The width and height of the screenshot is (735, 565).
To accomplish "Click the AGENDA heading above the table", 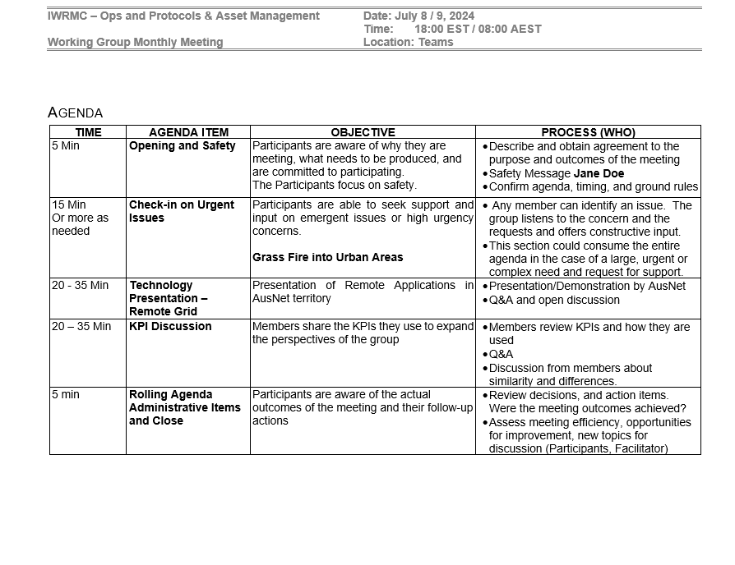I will click(x=76, y=113).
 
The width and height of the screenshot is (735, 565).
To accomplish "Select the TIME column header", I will click(x=88, y=132).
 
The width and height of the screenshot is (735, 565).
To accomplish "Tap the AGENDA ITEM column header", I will click(x=188, y=132).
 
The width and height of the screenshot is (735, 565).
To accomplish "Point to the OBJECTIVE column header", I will click(x=363, y=132).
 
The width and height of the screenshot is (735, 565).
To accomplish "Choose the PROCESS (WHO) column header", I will click(x=588, y=132).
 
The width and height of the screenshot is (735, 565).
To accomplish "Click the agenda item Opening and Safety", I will click(x=182, y=146).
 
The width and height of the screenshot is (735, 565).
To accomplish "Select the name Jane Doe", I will click(x=599, y=173).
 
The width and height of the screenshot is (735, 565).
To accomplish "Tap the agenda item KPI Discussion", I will click(x=170, y=327).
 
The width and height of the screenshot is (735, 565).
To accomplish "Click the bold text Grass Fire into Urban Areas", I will click(x=327, y=257).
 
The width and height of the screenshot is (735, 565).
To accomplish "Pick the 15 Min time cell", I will click(x=68, y=204).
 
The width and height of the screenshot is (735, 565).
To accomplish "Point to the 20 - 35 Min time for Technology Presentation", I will click(x=80, y=286).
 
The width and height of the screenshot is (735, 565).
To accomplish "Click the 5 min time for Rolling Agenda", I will click(x=65, y=394).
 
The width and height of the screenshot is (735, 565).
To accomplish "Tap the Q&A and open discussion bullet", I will click(x=554, y=300).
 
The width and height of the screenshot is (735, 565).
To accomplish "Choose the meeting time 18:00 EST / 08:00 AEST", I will click(x=478, y=29).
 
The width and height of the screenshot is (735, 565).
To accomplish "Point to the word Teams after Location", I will click(x=436, y=42).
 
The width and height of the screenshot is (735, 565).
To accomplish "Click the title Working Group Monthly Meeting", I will click(x=135, y=42).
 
